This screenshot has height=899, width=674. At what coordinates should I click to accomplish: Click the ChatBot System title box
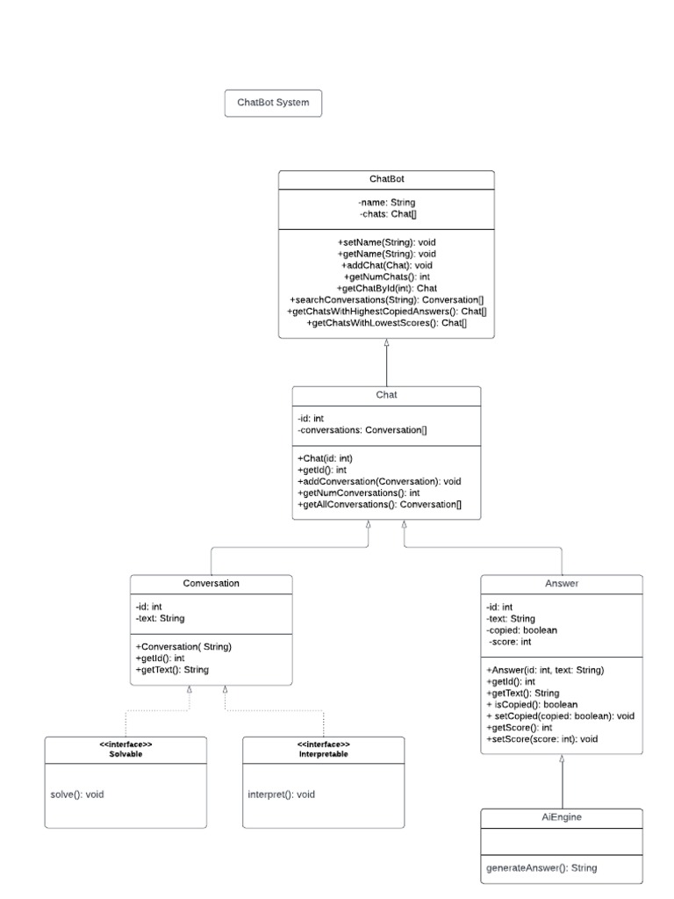273,103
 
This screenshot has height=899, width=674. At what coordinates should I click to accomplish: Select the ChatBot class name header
386,179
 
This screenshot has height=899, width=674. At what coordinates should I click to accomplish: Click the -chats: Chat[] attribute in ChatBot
386,214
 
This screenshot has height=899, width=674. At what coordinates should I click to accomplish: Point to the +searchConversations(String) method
386,299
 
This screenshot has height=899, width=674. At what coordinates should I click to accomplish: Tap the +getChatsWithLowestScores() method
386,323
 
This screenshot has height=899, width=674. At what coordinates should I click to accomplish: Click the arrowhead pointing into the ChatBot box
386,344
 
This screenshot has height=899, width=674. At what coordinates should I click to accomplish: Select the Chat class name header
386,395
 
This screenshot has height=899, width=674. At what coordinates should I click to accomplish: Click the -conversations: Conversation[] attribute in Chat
362,431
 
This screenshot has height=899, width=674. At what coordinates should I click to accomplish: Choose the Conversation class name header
211,583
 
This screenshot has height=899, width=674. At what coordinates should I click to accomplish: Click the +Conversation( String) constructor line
183,646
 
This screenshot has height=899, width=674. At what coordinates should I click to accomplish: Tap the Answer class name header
562,583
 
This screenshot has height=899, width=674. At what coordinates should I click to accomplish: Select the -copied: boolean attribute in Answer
521,629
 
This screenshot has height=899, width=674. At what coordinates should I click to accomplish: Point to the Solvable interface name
125,754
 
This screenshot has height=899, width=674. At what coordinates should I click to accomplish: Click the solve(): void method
78,795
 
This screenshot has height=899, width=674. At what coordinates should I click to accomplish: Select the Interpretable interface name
323,754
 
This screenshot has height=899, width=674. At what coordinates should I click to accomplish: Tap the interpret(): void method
281,795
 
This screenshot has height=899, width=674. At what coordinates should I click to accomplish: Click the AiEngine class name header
562,816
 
